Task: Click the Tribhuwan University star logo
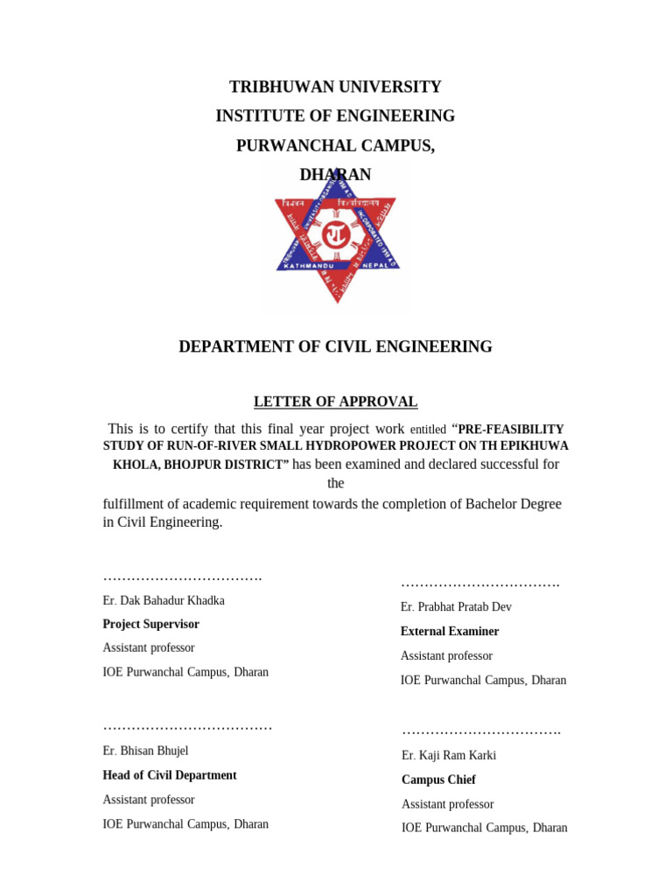(336, 238)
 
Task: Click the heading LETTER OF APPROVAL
(336, 402)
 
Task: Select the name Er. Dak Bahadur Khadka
(164, 600)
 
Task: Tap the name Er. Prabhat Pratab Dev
(456, 606)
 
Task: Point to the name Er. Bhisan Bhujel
(145, 751)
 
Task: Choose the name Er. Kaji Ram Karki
(449, 755)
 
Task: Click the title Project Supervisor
(151, 624)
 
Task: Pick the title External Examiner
(450, 631)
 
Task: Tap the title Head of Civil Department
(170, 775)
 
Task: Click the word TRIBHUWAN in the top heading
(276, 87)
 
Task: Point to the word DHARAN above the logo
(336, 175)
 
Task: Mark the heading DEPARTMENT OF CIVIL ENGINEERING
(336, 346)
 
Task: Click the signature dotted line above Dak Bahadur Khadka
(182, 577)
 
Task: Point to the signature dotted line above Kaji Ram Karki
(480, 731)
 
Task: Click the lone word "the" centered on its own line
(336, 483)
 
